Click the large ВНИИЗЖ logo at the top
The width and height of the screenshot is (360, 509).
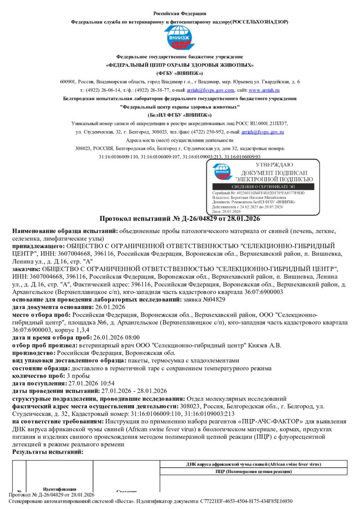tap(180, 38)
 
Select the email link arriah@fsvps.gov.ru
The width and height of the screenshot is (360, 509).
tap(262, 132)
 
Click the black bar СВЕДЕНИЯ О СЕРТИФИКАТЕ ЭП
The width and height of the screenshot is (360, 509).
tap(265, 186)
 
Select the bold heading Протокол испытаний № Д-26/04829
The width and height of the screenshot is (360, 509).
tap(180, 219)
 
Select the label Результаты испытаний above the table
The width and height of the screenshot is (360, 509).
tap(48, 451)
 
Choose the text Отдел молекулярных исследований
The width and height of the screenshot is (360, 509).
tap(236, 398)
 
